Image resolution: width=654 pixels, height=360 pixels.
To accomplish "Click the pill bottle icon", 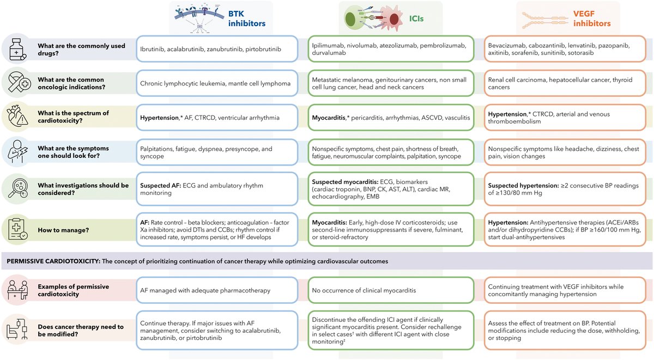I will click(x=16, y=50).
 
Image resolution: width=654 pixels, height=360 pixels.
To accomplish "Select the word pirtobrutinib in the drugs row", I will click(x=260, y=50).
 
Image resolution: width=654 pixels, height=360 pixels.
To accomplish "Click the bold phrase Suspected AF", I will click(x=159, y=186).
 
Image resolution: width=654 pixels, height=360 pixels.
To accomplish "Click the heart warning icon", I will click(x=16, y=118).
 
